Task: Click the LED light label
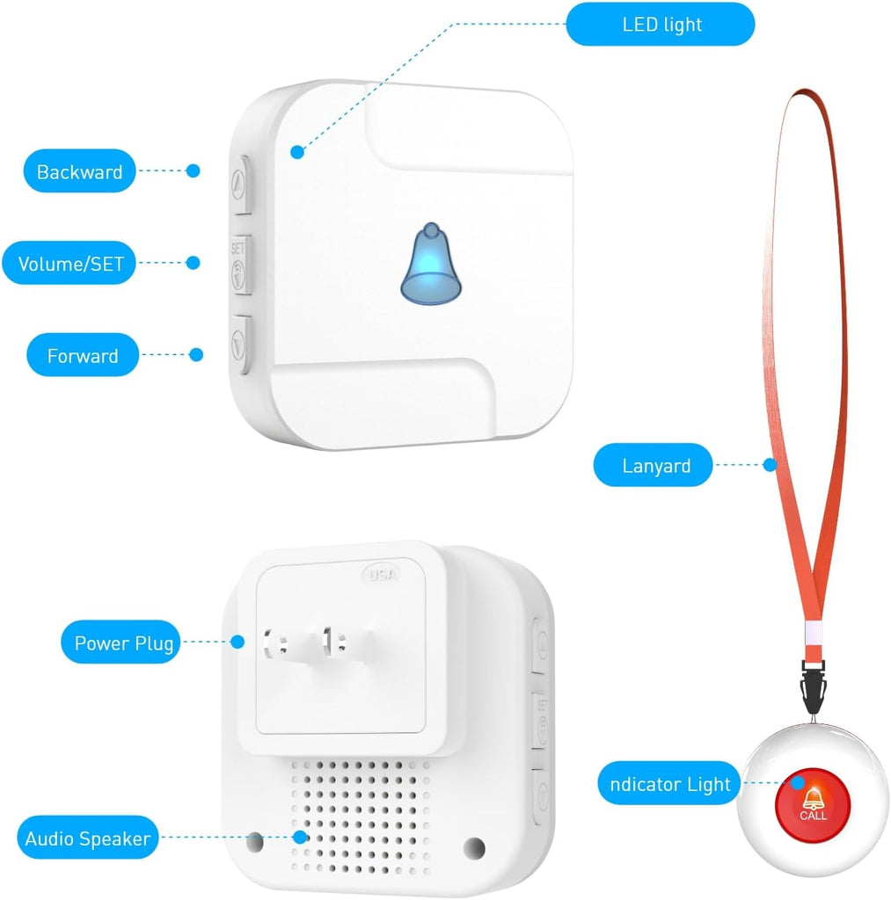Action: [x=660, y=24]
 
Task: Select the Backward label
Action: [x=79, y=171]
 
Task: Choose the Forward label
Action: [x=83, y=355]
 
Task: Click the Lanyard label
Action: [x=656, y=466]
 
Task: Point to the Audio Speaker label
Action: [x=87, y=838]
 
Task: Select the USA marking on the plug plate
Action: [x=382, y=575]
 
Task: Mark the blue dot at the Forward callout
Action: [x=197, y=354]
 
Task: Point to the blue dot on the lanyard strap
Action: [x=770, y=463]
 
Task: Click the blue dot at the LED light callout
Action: [x=297, y=152]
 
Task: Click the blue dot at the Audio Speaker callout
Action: [x=300, y=837]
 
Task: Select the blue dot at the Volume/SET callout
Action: [x=194, y=262]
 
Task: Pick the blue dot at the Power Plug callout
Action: [x=237, y=642]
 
